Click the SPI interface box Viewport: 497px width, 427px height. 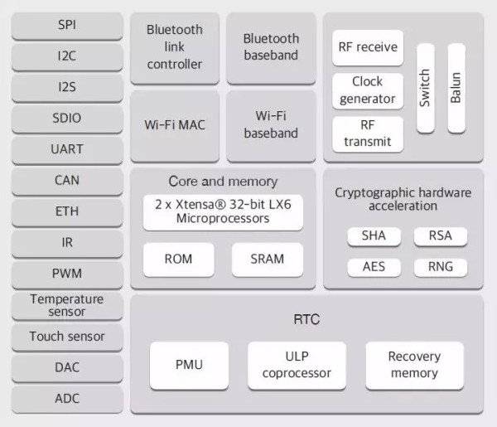click(67, 26)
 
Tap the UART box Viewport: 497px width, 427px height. click(67, 149)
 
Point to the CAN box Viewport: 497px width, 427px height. click(67, 180)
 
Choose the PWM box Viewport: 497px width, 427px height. click(67, 273)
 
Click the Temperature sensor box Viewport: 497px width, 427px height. click(67, 305)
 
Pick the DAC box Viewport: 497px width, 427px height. click(67, 367)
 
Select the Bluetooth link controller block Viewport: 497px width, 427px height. click(175, 47)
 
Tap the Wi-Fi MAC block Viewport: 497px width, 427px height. click(175, 125)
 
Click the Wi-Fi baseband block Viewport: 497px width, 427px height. click(272, 125)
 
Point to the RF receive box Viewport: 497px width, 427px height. click(368, 48)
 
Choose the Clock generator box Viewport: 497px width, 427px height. click(368, 90)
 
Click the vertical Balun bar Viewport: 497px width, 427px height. click(456, 88)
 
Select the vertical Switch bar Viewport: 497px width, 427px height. click(425, 88)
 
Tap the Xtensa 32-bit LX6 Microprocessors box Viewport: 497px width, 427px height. click(223, 211)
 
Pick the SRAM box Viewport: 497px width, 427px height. click(268, 260)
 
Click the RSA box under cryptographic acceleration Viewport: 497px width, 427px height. click(441, 236)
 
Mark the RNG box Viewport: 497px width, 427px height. click(441, 268)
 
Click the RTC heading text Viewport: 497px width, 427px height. click(306, 319)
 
